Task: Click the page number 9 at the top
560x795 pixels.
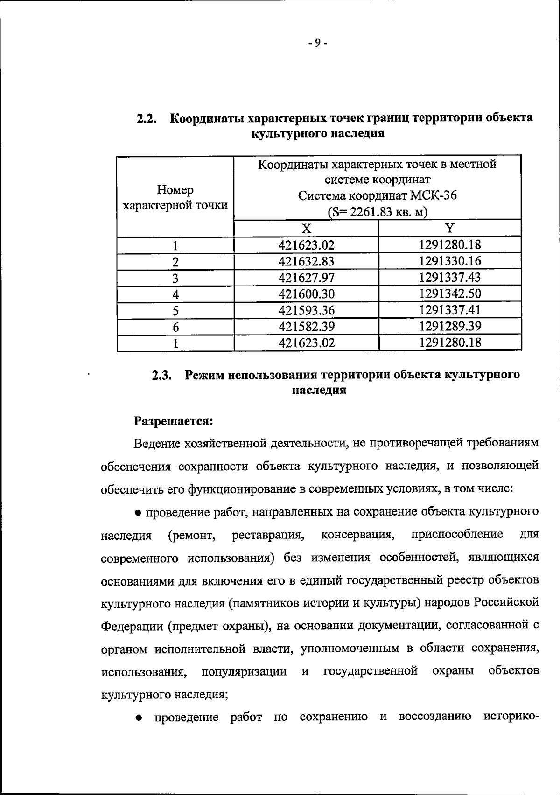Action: pyautogui.click(x=318, y=43)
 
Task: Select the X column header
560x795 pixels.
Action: pyautogui.click(x=306, y=228)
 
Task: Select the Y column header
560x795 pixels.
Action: pyautogui.click(x=449, y=228)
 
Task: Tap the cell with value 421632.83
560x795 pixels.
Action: pyautogui.click(x=306, y=262)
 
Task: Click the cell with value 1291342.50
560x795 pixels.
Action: pyautogui.click(x=450, y=294)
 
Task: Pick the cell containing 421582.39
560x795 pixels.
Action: pyautogui.click(x=306, y=327)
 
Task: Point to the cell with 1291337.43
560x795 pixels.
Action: pyautogui.click(x=450, y=278)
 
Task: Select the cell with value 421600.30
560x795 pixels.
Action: pyautogui.click(x=306, y=294)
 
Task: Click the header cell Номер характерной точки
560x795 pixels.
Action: pyautogui.click(x=175, y=198)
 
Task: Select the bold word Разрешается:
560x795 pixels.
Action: pyautogui.click(x=174, y=421)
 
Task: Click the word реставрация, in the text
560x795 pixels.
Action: pyautogui.click(x=268, y=535)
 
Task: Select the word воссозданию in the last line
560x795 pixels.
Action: pyautogui.click(x=434, y=717)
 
